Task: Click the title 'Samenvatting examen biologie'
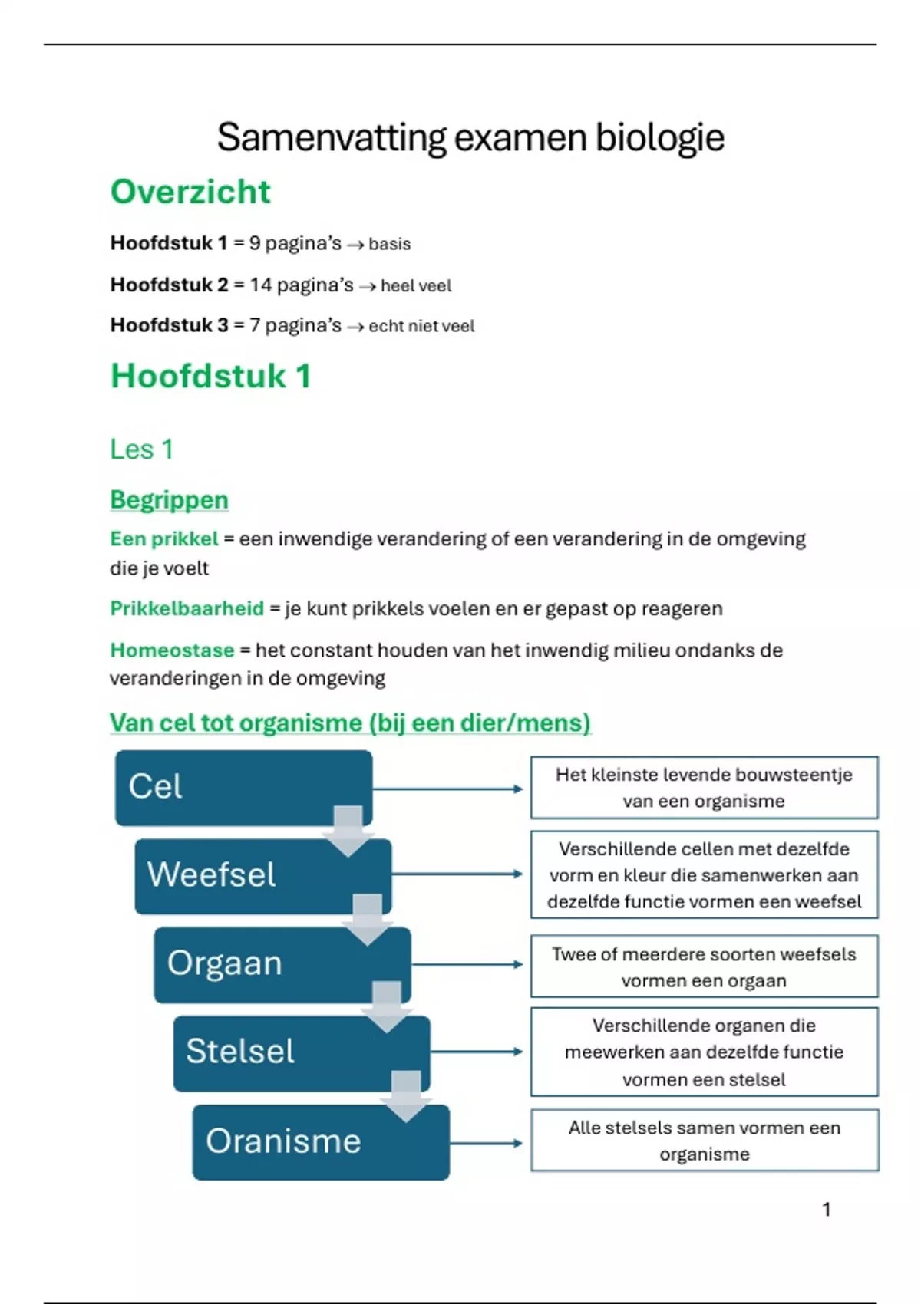(470, 138)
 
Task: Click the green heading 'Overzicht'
(190, 192)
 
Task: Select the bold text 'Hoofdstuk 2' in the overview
(169, 285)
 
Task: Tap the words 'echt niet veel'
(421, 326)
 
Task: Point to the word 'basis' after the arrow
(389, 244)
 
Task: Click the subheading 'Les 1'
(142, 449)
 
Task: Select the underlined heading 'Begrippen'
(169, 499)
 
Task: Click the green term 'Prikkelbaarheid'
(187, 608)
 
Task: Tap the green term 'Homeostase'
(172, 650)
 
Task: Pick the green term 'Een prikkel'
(163, 538)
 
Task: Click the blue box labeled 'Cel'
(243, 787)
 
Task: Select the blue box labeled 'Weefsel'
(262, 875)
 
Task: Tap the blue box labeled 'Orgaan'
(282, 963)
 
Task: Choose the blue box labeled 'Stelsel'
(301, 1052)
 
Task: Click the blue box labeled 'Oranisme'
(321, 1141)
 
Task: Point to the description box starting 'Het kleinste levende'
(704, 788)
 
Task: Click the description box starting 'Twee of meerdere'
(704, 966)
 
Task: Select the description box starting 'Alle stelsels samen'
(704, 1141)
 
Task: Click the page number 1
(827, 1210)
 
